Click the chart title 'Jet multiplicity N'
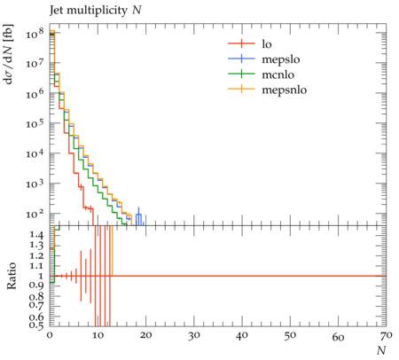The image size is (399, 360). pyautogui.click(x=96, y=11)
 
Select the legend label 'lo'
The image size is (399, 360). pyautogui.click(x=267, y=44)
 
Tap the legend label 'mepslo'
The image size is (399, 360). pyautogui.click(x=281, y=59)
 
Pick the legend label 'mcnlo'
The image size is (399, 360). pyautogui.click(x=278, y=74)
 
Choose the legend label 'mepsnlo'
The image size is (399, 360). pyautogui.click(x=285, y=90)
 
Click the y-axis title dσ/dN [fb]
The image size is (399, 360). pyautogui.click(x=9, y=54)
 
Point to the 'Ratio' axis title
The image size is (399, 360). pyautogui.click(x=11, y=276)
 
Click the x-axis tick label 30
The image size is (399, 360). pyautogui.click(x=193, y=335)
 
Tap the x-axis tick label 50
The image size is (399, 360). pyautogui.click(x=290, y=335)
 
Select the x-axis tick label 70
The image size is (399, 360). pyautogui.click(x=387, y=335)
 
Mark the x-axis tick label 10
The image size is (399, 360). pyautogui.click(x=98, y=335)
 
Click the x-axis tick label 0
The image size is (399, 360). pyautogui.click(x=50, y=335)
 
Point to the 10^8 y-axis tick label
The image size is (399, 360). pyautogui.click(x=35, y=33)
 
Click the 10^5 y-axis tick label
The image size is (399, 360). pyautogui.click(x=35, y=123)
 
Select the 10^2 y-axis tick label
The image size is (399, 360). pyautogui.click(x=35, y=214)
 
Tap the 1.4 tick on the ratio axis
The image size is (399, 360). pyautogui.click(x=36, y=235)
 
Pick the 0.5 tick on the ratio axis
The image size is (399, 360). pyautogui.click(x=36, y=325)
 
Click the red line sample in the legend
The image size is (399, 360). pyautogui.click(x=241, y=43)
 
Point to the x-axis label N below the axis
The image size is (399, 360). pyautogui.click(x=381, y=350)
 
